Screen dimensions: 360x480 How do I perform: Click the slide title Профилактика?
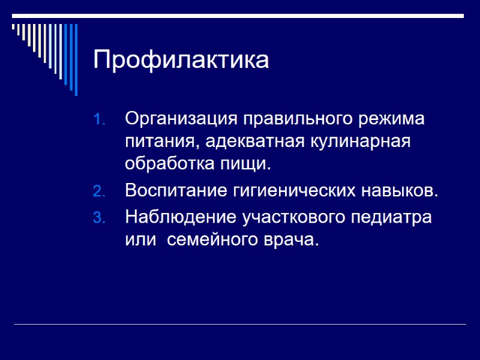click(x=181, y=60)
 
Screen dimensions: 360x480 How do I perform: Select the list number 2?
click(x=99, y=192)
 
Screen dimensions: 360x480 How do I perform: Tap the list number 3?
click(x=99, y=217)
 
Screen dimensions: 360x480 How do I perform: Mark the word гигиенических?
click(x=292, y=191)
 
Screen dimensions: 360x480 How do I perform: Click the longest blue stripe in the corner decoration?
click(x=76, y=59)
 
